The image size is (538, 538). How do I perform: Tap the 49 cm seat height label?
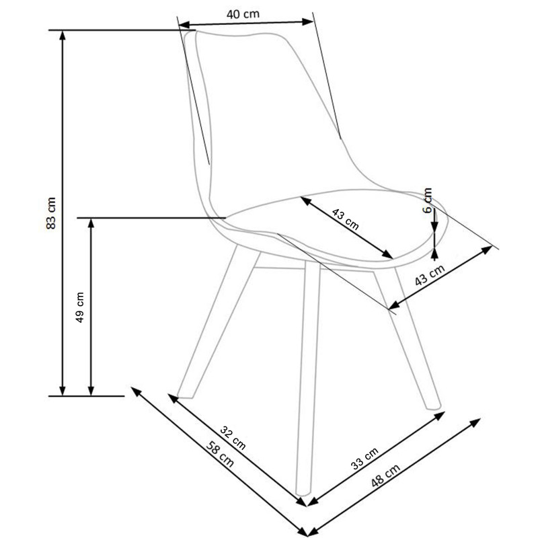80,307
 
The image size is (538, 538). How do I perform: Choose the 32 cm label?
233,438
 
